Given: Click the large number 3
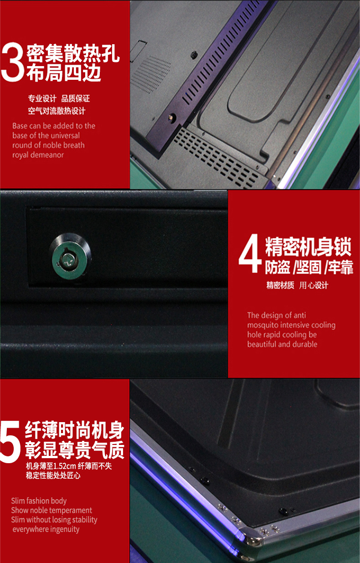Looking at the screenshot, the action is [13, 62].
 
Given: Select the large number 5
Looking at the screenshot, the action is [10, 442].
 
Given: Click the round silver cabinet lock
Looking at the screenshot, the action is [70, 257].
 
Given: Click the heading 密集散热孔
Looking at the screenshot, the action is [73, 53].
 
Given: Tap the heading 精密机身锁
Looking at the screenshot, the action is [308, 247].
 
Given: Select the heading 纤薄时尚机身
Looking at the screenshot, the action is [74, 430].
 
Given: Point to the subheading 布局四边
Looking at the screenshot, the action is [64, 72].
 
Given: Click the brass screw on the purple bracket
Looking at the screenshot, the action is [172, 117].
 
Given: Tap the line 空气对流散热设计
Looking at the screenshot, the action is [57, 111].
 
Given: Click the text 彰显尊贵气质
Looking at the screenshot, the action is [75, 450].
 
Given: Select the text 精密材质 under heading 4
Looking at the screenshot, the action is [280, 285].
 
